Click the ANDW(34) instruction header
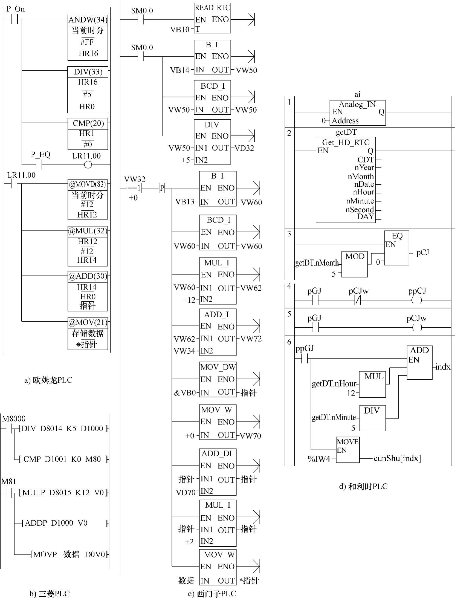pos(88,20)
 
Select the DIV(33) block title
pos(88,72)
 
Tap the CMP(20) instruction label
pos(88,123)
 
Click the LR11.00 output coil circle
pos(88,165)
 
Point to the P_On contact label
pos(16,9)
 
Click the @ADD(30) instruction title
pos(88,276)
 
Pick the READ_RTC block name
pos(212,8)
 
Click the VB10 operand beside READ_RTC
pos(180,30)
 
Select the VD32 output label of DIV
pos(245,148)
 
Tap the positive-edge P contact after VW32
pos(162,188)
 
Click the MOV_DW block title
pos(218,367)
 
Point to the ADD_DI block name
pos(217,454)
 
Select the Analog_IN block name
pos(357,104)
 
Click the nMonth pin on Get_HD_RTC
pos(361,177)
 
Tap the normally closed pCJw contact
pos(358,301)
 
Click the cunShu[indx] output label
pos(397,458)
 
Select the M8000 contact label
pos(14,418)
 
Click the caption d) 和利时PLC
pos(363,486)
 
